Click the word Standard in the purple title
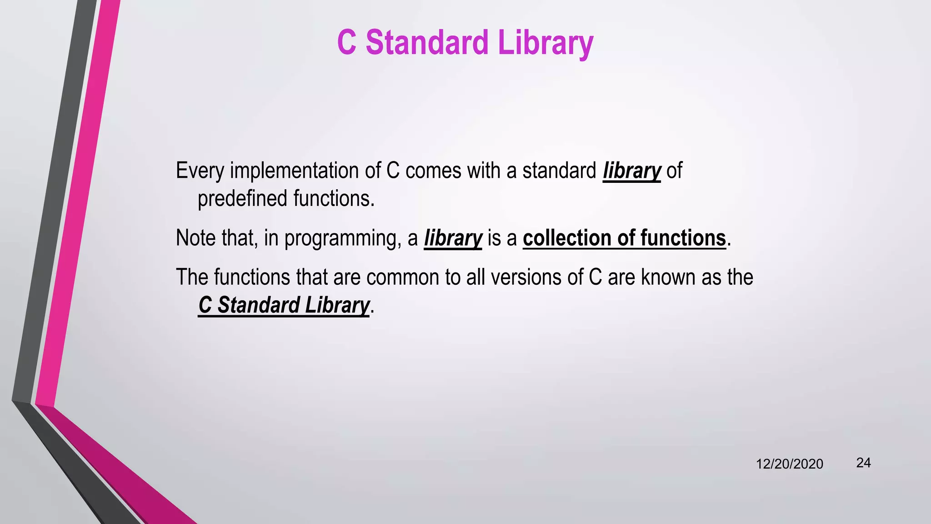[x=426, y=42]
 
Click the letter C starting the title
[x=346, y=42]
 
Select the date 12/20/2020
[x=789, y=464]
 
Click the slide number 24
[x=863, y=463]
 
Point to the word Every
[x=200, y=171]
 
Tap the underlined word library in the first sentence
[x=631, y=171]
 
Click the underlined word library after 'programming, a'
[x=453, y=238]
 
